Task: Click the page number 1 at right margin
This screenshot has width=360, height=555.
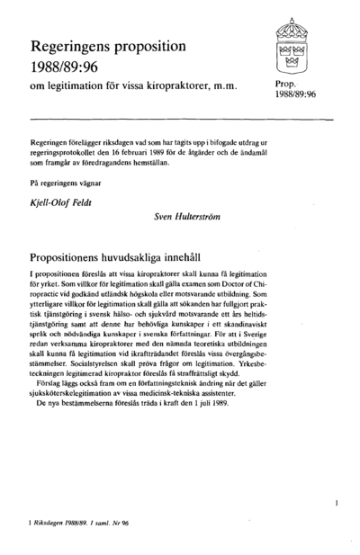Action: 335,503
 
